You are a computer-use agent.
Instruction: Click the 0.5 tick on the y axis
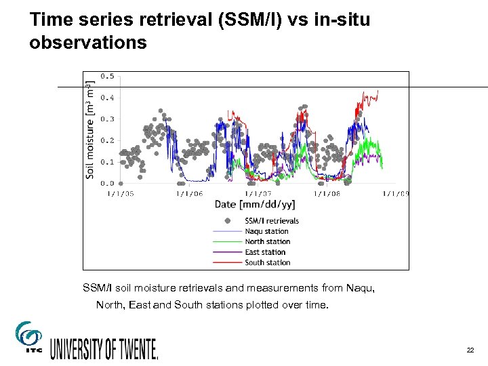[107, 77]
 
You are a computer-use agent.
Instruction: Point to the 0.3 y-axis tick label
[107, 119]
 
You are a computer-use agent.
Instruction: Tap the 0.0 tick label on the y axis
[107, 184]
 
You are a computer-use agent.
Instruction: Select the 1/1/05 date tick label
[121, 194]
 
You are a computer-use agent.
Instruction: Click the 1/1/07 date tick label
[258, 194]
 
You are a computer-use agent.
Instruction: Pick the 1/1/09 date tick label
[396, 194]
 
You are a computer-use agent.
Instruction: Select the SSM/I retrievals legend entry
[271, 221]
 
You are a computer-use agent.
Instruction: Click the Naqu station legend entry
[266, 231]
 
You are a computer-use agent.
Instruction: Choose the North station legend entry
[267, 242]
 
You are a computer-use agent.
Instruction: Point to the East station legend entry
[265, 252]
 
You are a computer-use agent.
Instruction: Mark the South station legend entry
[267, 262]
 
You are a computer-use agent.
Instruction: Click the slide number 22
[470, 350]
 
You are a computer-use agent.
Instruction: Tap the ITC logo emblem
[28, 336]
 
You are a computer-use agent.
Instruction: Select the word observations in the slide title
[88, 43]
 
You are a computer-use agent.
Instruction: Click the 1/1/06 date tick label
[189, 194]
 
